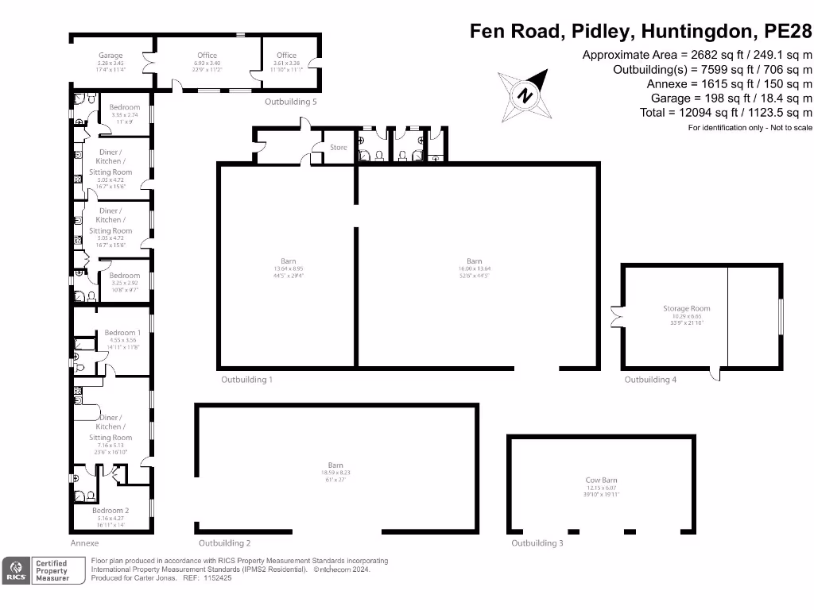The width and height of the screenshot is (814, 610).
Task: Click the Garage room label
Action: point(110,56)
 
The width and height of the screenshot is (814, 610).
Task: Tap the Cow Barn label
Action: point(601,480)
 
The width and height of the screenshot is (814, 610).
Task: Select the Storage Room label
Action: point(687,308)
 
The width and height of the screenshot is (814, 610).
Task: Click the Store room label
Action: point(339,147)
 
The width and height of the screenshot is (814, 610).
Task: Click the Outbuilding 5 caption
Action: point(291,102)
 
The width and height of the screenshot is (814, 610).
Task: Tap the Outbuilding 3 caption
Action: point(537,543)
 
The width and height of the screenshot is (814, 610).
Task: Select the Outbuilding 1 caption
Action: point(246,380)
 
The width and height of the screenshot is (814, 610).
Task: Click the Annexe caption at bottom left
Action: point(84,543)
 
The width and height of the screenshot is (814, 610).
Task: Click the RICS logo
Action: point(14,571)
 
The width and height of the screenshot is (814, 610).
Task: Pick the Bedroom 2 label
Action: point(110,511)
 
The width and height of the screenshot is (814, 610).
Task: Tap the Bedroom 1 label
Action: point(122,333)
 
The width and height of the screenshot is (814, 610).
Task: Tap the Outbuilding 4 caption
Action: point(650,380)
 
